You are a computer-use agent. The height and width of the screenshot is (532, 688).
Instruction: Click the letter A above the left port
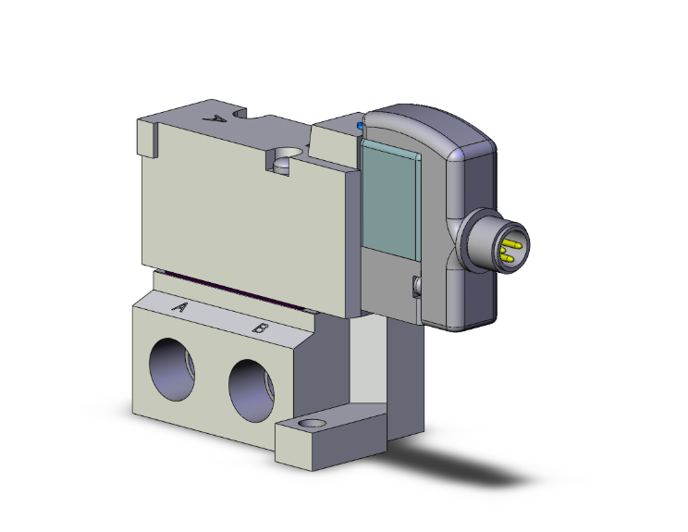[x=181, y=306]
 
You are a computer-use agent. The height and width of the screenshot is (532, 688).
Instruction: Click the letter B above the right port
[x=262, y=328]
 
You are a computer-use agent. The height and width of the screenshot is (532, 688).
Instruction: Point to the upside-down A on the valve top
[x=218, y=118]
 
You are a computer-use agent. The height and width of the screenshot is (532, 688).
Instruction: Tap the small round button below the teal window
[x=414, y=287]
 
